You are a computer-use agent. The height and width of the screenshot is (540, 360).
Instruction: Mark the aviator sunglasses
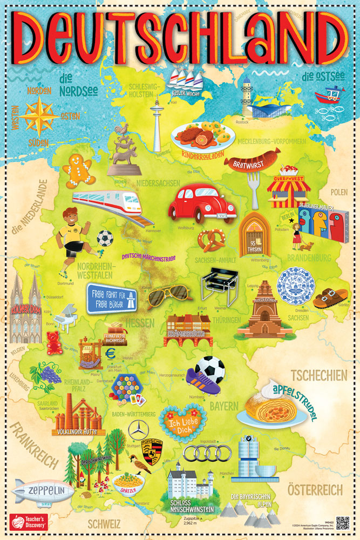tap(167, 295)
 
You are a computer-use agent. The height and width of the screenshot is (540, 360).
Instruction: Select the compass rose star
tap(39, 117)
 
